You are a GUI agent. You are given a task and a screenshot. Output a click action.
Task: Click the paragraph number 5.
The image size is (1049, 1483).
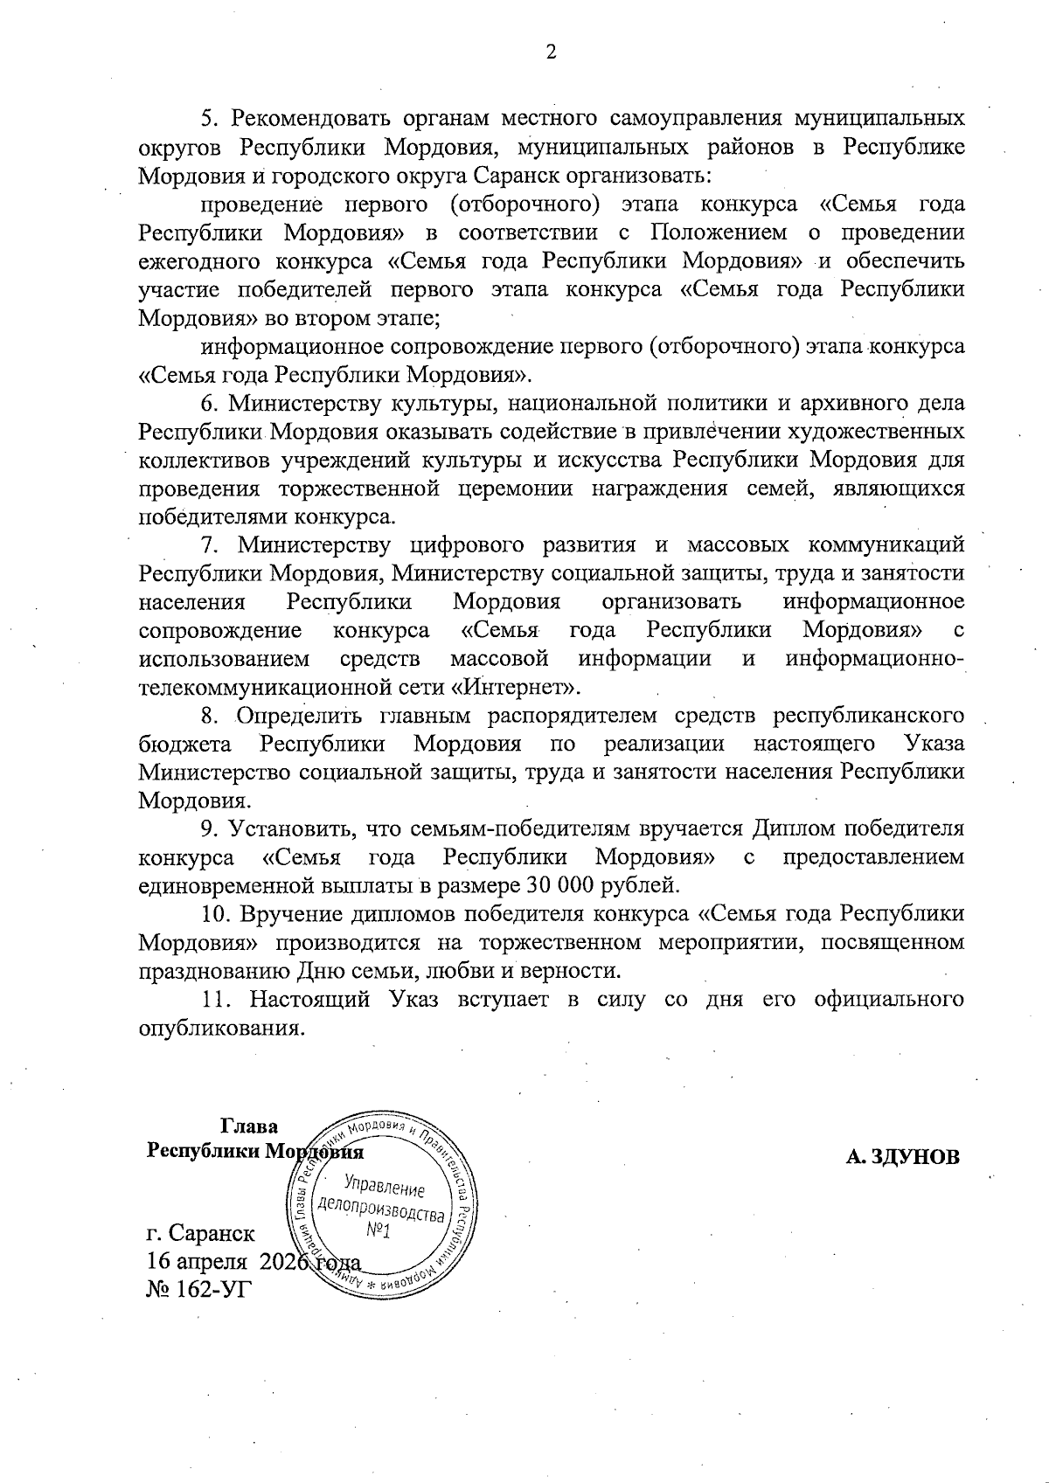click(208, 119)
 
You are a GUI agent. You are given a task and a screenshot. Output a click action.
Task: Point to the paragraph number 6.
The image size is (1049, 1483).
click(208, 404)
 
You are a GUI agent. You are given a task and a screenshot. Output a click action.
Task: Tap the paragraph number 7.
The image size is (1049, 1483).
click(208, 545)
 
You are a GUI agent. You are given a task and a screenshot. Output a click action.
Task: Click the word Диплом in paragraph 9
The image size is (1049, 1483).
click(788, 828)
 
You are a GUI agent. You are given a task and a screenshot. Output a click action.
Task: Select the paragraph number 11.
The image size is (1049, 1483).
click(215, 999)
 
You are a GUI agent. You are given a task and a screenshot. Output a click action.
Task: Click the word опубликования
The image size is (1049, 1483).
click(222, 1028)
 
